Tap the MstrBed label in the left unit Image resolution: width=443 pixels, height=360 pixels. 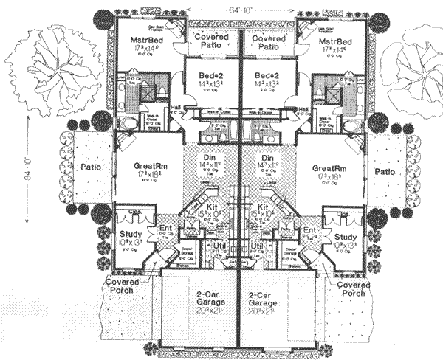coord(144,42)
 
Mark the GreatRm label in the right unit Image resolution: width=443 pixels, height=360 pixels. coord(329,168)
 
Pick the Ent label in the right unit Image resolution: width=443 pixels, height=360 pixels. coord(310,230)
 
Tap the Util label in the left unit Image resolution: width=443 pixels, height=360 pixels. coord(220,245)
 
